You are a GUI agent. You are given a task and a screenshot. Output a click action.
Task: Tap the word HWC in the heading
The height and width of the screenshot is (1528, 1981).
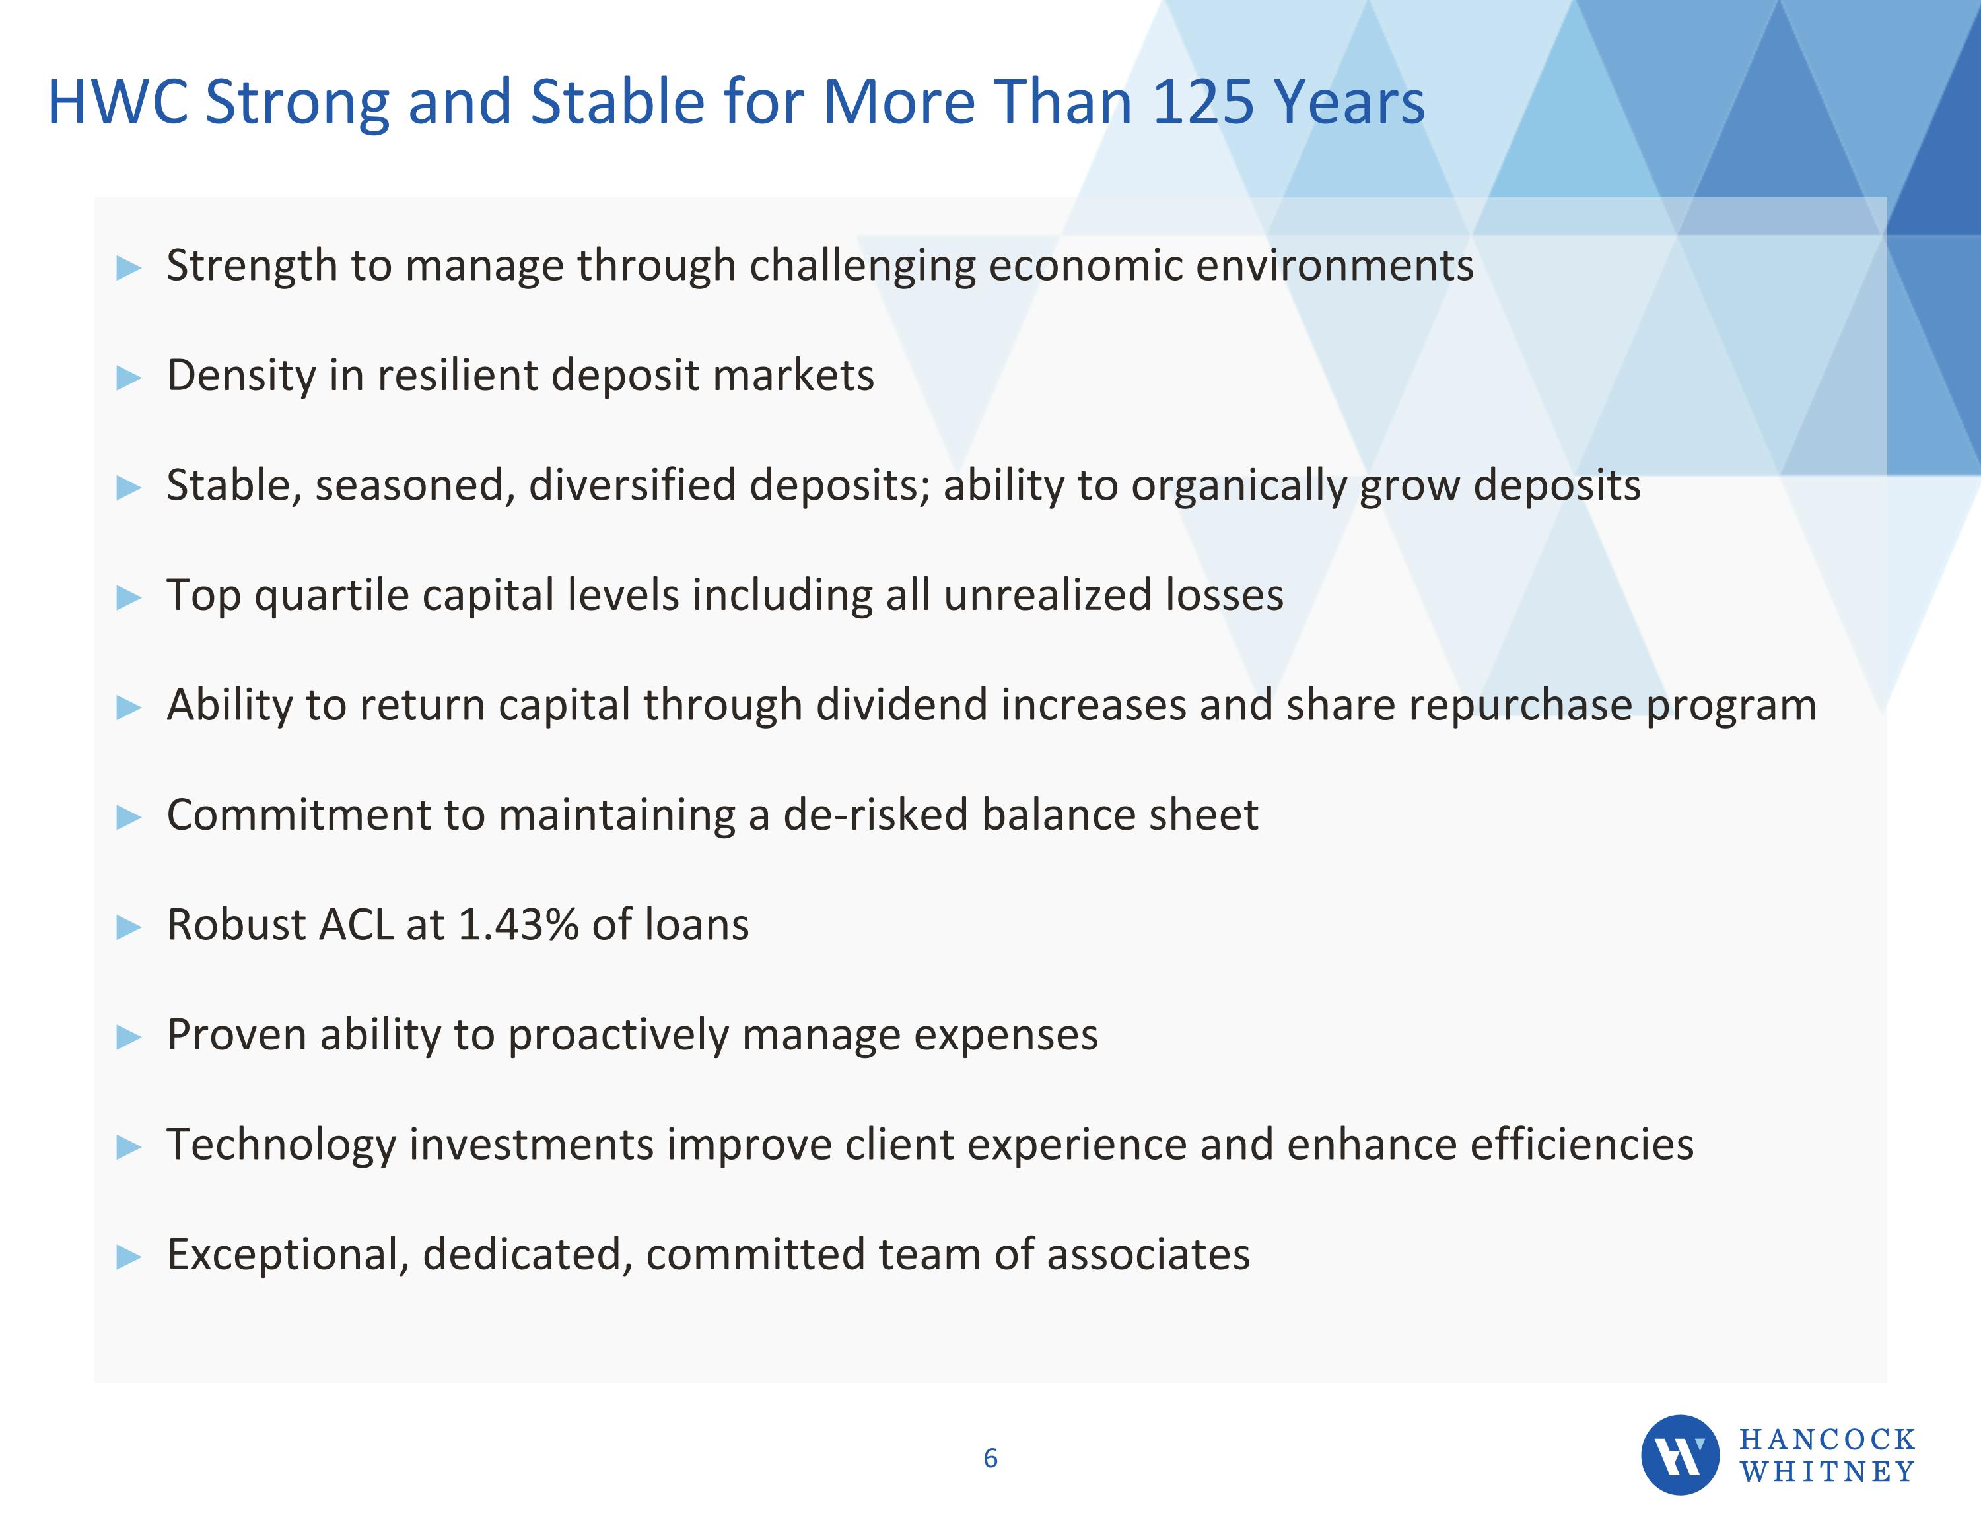[117, 102]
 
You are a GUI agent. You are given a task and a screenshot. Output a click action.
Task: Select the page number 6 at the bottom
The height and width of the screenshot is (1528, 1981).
[990, 1458]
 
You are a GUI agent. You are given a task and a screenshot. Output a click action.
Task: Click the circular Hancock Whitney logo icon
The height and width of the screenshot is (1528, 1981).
[1680, 1455]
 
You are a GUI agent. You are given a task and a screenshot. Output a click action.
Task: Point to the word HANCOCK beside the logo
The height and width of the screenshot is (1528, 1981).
[1826, 1439]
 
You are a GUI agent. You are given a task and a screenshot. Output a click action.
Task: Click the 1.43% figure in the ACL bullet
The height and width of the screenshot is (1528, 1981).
[518, 925]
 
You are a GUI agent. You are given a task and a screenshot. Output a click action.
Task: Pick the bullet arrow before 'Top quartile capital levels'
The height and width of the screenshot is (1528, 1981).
[129, 597]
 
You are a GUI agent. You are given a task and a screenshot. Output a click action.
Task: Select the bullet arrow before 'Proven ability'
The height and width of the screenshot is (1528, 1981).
[129, 1036]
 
